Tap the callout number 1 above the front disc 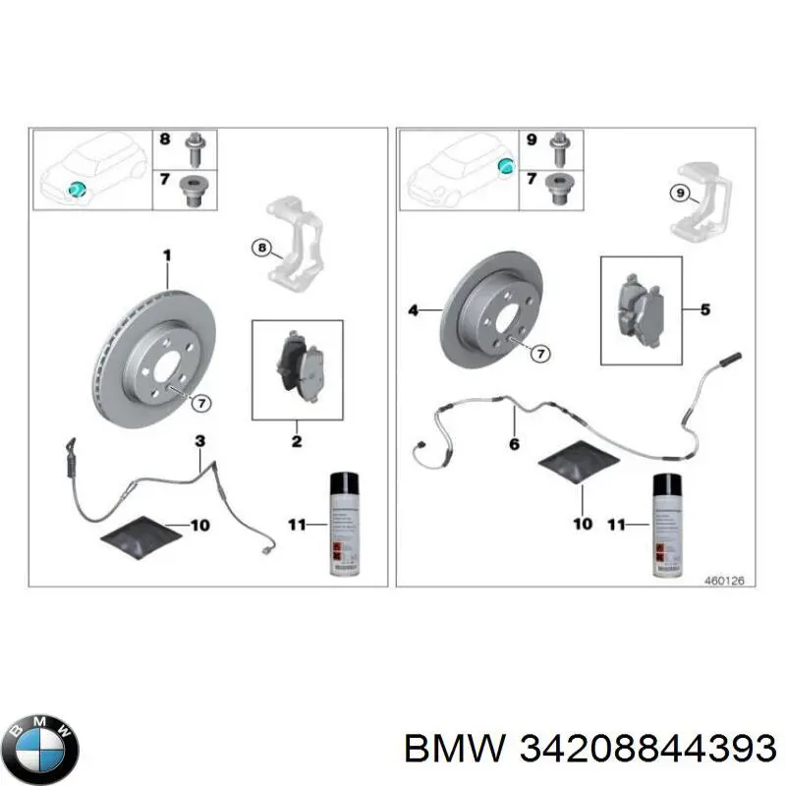[x=167, y=255]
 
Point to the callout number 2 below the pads [x=297, y=442]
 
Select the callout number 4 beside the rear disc [x=414, y=310]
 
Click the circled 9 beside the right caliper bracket [x=679, y=194]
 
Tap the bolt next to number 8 [x=194, y=145]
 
